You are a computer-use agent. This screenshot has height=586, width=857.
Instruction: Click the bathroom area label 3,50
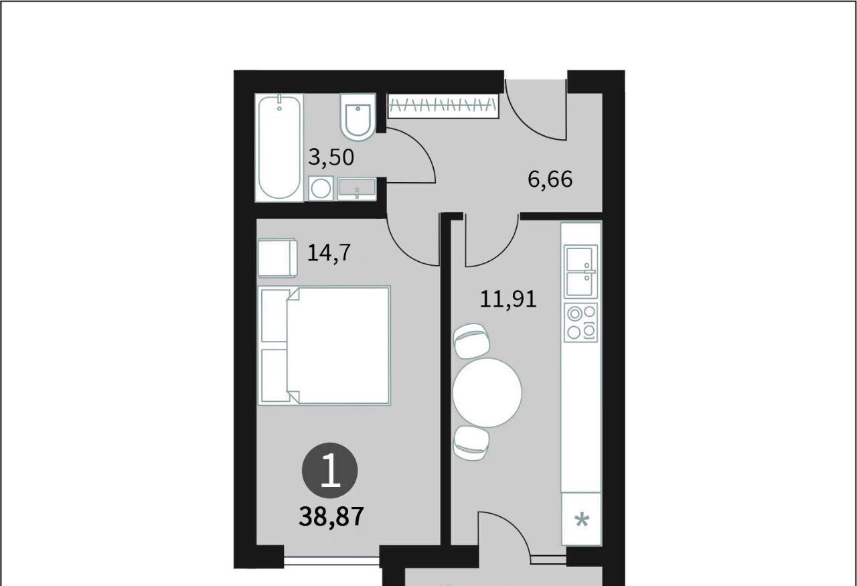click(x=331, y=157)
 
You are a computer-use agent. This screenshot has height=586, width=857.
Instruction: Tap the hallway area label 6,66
click(x=550, y=179)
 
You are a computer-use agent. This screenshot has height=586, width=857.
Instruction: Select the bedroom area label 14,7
click(x=329, y=253)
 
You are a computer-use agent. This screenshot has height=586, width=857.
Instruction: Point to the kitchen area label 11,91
click(x=508, y=299)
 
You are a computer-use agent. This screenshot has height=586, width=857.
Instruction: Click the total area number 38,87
click(x=331, y=516)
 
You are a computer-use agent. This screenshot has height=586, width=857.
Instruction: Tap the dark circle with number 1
click(x=330, y=470)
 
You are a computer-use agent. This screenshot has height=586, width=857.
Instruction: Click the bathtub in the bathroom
click(x=280, y=148)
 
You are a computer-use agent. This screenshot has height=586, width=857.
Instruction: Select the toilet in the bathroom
click(x=358, y=117)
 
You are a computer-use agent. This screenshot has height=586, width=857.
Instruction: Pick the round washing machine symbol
click(x=321, y=188)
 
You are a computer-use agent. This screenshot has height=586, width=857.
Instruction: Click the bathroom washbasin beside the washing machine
click(x=357, y=189)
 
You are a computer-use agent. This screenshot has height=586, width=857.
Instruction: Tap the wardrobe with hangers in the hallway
click(x=443, y=106)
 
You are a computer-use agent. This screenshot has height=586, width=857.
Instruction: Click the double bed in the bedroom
click(x=324, y=346)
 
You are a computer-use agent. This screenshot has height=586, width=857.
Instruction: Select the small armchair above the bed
click(x=277, y=258)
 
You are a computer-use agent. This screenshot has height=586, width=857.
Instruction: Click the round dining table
click(x=487, y=392)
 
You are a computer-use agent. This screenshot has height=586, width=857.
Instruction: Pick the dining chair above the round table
click(x=471, y=341)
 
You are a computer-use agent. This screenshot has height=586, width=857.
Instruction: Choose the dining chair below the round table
click(x=471, y=443)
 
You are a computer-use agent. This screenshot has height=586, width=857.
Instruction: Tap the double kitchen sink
click(x=580, y=272)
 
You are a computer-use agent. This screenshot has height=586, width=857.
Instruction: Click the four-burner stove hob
click(x=580, y=323)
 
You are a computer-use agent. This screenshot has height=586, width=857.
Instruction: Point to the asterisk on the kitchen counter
click(x=582, y=520)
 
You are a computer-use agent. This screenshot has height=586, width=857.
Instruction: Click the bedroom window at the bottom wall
click(x=331, y=561)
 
